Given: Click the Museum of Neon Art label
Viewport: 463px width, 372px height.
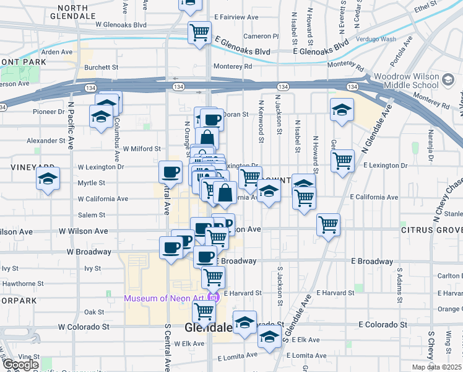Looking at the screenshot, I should tap(165, 298).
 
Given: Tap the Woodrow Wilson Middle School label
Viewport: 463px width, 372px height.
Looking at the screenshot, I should tap(406, 81).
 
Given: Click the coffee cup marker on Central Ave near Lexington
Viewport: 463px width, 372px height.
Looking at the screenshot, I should tap(170, 172).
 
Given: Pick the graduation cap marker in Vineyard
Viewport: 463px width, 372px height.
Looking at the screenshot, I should tap(47, 179).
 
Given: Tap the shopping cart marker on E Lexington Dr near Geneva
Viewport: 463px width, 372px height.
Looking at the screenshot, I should tap(342, 161).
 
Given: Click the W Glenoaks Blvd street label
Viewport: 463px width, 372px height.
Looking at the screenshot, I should tap(121, 25).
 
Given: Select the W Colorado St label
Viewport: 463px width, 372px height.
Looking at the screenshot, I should tap(84, 326).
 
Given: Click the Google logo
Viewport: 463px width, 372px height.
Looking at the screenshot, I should tap(20, 365).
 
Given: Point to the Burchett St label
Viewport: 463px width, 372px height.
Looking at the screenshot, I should tap(102, 67).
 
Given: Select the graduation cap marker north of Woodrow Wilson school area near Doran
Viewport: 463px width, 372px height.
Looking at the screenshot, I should tap(342, 110).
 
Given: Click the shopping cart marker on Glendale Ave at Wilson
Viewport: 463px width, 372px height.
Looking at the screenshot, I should tap(328, 224).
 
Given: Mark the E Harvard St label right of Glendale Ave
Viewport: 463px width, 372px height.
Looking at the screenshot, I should tap(334, 292).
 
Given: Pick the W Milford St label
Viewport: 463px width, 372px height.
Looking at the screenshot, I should tap(142, 149).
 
